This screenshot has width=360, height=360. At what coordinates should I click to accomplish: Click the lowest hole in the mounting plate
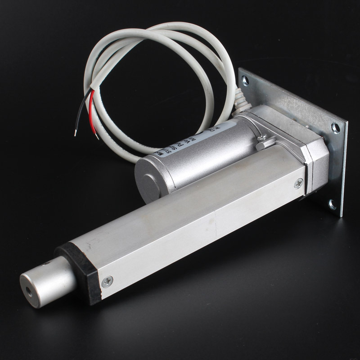pyautogui.click(x=332, y=205)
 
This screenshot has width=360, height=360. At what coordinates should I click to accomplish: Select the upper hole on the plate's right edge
pyautogui.click(x=335, y=128)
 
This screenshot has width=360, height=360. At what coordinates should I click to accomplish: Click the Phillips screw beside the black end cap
pyautogui.click(x=107, y=282)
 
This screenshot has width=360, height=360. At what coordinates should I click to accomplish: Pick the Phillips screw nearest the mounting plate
pyautogui.click(x=297, y=183)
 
